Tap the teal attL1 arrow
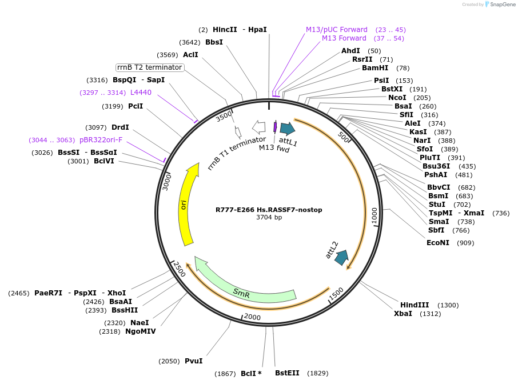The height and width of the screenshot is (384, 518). pyautogui.click(x=288, y=128)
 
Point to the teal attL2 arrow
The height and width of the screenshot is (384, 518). pyautogui.click(x=342, y=257)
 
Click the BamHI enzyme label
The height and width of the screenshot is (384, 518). pyautogui.click(x=375, y=68)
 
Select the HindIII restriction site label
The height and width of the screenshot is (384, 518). pyautogui.click(x=415, y=305)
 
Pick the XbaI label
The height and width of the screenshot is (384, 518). pyautogui.click(x=403, y=314)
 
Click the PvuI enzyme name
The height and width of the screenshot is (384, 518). pyautogui.click(x=194, y=361)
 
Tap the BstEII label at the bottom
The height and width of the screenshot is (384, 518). pyautogui.click(x=287, y=373)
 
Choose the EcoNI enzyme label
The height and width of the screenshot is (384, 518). pyautogui.click(x=438, y=243)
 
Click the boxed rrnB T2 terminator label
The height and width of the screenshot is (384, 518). pyautogui.click(x=150, y=67)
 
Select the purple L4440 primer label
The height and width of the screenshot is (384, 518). pyautogui.click(x=141, y=93)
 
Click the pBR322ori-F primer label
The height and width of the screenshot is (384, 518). pyautogui.click(x=101, y=140)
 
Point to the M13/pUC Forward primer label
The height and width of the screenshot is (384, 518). pyautogui.click(x=336, y=30)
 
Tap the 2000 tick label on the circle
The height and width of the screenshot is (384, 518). pyautogui.click(x=252, y=317)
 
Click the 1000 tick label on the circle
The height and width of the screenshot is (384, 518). pyautogui.click(x=374, y=215)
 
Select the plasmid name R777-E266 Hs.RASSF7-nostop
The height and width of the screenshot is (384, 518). pyautogui.click(x=269, y=210)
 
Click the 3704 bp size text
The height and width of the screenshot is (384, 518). pyautogui.click(x=269, y=217)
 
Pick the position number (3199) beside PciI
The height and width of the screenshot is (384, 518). pyautogui.click(x=112, y=106)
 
